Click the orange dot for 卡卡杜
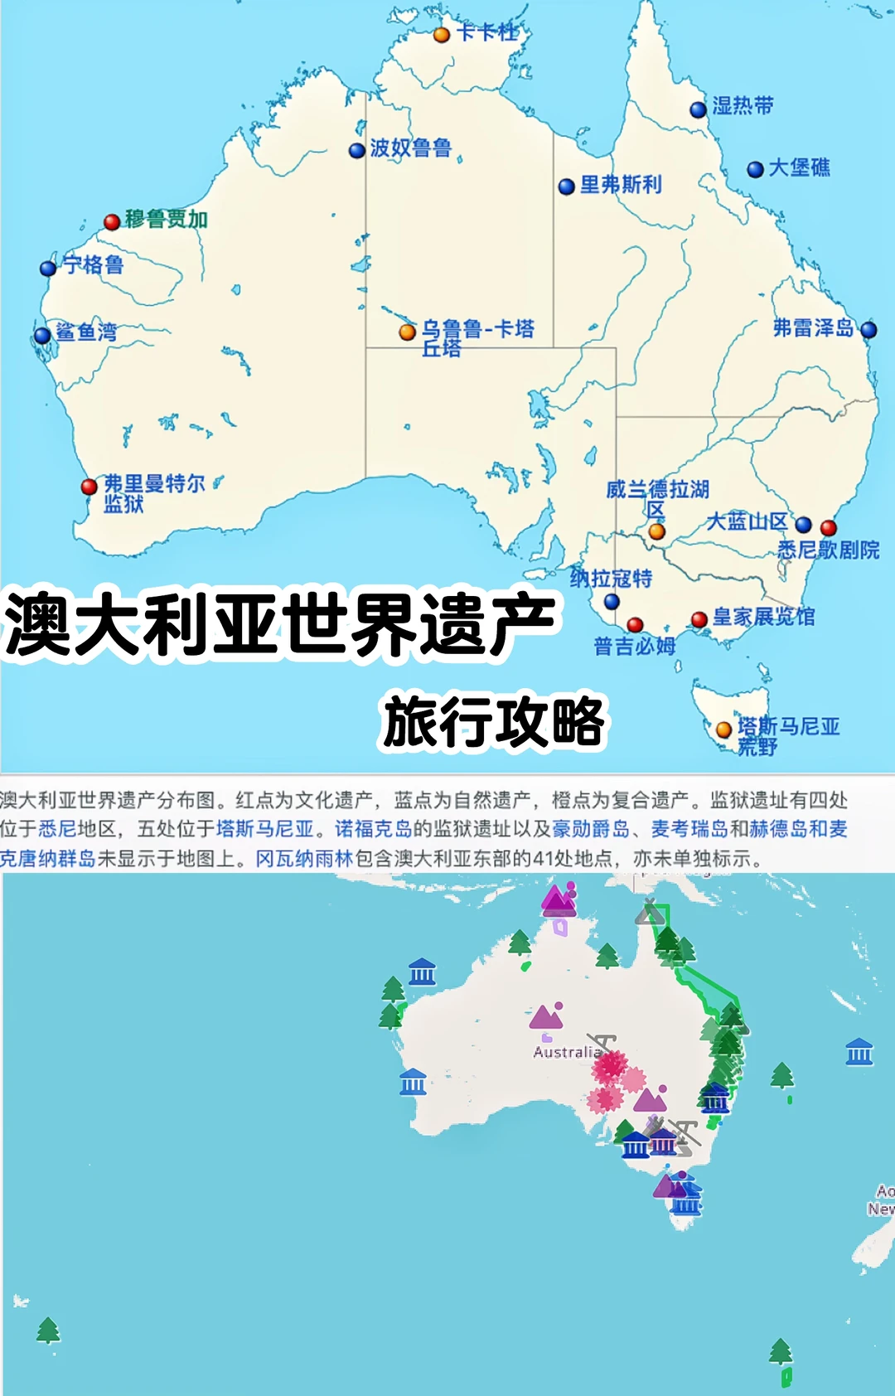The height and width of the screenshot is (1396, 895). point(442,35)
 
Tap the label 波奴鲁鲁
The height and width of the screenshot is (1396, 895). point(410,148)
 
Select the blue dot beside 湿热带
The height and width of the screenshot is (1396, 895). point(699,109)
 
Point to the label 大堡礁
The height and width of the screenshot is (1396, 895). point(799,168)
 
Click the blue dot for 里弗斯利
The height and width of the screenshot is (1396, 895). point(567,187)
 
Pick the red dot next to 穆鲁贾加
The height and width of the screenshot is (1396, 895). point(112,221)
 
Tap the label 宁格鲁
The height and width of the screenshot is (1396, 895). point(94,265)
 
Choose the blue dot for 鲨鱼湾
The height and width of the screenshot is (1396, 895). point(42,336)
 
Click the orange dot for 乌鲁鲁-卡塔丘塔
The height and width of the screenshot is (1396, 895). point(407,332)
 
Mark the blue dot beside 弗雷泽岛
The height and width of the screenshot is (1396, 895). point(868,330)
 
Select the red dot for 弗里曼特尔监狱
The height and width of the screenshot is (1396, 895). point(89,487)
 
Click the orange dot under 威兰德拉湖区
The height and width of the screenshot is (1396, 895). point(656,531)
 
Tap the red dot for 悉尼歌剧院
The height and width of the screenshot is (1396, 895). point(828,527)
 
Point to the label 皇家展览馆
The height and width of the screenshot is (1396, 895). point(763,617)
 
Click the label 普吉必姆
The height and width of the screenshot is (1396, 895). point(635,647)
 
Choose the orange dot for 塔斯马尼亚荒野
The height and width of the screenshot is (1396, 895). point(723,730)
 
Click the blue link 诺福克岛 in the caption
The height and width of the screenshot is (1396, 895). point(373,829)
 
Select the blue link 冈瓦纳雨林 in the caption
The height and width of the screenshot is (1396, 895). point(304,859)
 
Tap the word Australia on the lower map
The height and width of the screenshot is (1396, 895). point(567,1052)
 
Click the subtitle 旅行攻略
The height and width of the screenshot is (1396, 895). point(494,722)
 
